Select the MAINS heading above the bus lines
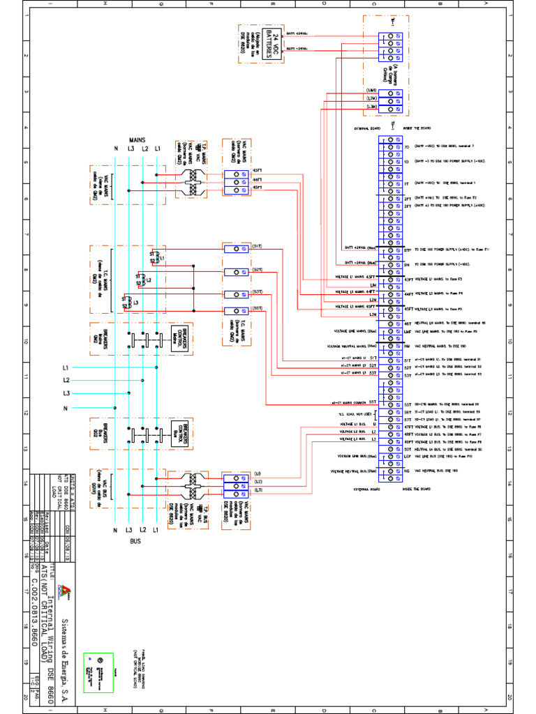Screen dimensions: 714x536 click(x=137, y=139)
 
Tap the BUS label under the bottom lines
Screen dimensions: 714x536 click(x=137, y=540)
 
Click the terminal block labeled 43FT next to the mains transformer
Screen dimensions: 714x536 click(x=238, y=172)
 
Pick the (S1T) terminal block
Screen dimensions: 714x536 click(x=238, y=248)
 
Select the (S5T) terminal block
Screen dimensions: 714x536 click(x=238, y=310)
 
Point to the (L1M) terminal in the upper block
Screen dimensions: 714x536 click(x=371, y=91)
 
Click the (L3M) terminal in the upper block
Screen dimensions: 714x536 click(x=371, y=107)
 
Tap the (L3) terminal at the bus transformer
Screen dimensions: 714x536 click(x=238, y=491)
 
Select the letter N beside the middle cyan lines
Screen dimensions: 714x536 click(x=66, y=408)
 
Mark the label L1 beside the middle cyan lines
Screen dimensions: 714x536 click(x=66, y=367)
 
